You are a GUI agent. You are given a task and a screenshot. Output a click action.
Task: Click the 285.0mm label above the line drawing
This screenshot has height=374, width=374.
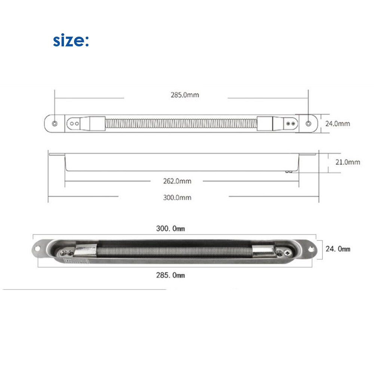185,95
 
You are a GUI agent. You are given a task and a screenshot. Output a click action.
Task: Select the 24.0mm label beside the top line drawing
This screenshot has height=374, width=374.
337,123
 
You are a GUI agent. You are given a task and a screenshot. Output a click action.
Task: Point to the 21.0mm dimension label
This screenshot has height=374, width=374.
347,162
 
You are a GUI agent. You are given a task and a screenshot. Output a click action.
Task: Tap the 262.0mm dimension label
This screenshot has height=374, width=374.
177,181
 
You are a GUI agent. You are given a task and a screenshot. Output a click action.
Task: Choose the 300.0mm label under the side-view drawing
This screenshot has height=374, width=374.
177,197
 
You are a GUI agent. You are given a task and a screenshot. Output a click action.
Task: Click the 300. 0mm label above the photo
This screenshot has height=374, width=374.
170,228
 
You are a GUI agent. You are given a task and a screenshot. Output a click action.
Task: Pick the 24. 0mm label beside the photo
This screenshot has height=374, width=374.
338,249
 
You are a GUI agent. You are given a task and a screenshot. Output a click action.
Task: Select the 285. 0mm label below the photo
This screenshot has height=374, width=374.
170,275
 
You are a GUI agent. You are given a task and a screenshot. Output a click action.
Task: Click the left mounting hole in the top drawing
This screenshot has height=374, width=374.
55,123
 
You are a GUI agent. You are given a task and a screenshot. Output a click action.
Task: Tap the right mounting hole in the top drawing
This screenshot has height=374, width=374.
309,123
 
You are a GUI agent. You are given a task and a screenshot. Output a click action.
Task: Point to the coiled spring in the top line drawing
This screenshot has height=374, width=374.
181,123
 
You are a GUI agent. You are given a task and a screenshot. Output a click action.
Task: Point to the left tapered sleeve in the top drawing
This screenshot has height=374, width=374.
92,123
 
